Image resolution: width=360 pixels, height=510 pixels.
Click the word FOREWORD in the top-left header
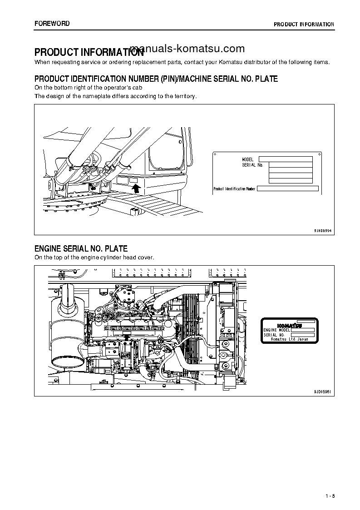52,24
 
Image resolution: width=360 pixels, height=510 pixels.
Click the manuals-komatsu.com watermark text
187,49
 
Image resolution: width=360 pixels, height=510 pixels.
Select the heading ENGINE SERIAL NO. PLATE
81,248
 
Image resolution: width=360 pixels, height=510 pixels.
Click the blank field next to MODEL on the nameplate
286,159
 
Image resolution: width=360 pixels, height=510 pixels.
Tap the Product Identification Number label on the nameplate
235,189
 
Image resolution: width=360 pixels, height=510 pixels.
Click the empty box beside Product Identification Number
288,189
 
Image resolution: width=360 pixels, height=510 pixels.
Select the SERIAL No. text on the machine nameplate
252,165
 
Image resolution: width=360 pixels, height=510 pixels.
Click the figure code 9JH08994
323,231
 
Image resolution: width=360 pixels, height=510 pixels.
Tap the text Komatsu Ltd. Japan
289,339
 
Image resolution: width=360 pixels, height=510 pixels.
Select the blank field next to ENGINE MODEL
302,330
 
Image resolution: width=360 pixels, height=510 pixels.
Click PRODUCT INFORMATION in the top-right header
304,24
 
